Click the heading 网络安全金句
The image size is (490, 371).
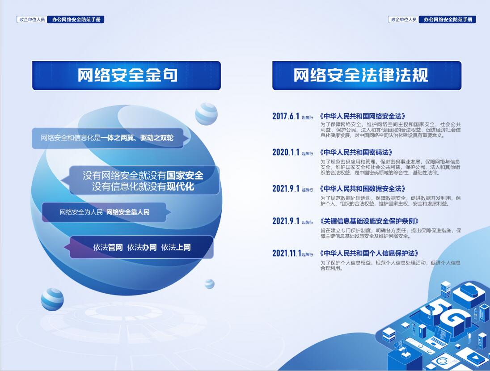(x=127, y=76)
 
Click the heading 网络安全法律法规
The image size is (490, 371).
(x=361, y=76)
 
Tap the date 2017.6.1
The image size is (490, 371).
(x=286, y=116)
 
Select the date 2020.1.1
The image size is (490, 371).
(x=286, y=152)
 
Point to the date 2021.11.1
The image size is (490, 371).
(x=287, y=253)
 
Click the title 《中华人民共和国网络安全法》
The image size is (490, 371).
(x=363, y=116)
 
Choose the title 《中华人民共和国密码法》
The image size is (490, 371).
(x=356, y=152)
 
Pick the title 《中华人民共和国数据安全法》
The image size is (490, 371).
(x=363, y=189)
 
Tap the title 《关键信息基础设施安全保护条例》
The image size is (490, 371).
(x=369, y=221)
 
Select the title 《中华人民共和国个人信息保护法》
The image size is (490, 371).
(x=369, y=253)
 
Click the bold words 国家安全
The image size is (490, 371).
(x=185, y=175)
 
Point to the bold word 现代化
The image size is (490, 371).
(x=180, y=186)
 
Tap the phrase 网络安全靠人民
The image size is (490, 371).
(x=128, y=212)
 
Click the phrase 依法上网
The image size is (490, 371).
(x=176, y=248)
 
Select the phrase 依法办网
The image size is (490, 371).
(x=142, y=248)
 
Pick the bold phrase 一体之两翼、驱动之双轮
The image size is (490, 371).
(x=137, y=138)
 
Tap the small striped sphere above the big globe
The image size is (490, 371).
(x=206, y=114)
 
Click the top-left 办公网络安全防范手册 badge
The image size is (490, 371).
(x=76, y=19)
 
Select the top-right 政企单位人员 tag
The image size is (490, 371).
(x=404, y=19)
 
